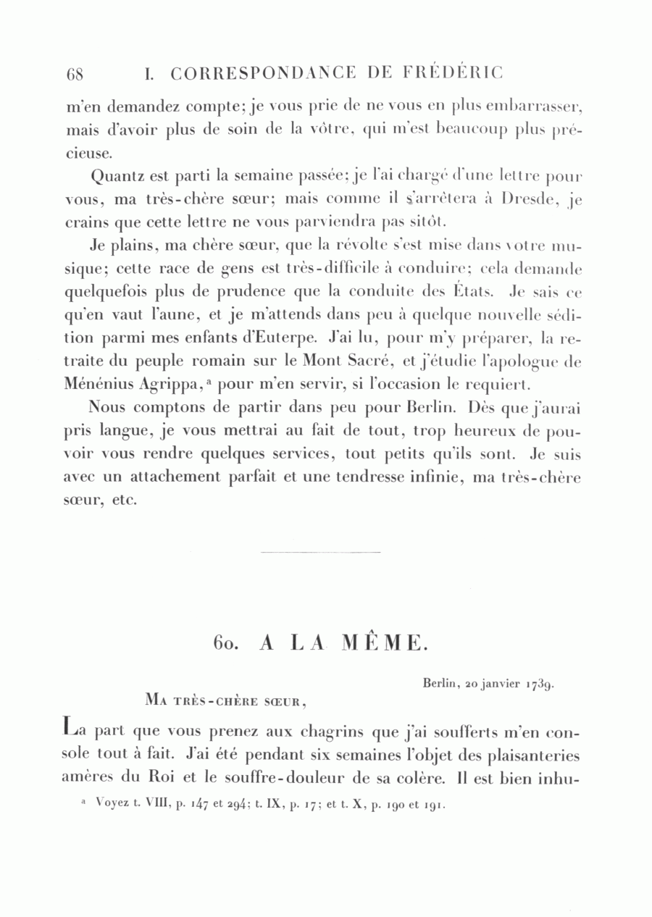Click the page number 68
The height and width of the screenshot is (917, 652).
[x=75, y=74]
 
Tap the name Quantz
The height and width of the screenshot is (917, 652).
[x=116, y=176]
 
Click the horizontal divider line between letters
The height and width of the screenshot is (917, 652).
[x=319, y=553]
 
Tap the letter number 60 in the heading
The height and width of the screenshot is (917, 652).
[x=226, y=642]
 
